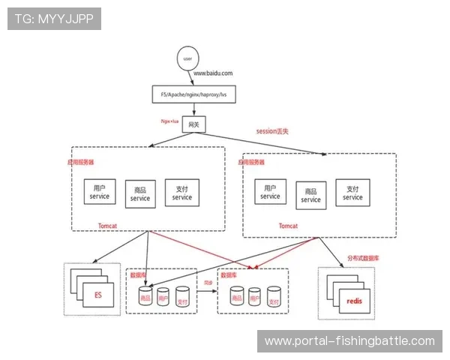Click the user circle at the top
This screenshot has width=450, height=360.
(x=187, y=58)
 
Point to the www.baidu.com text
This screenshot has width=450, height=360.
(x=213, y=73)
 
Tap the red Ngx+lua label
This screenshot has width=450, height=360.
(x=170, y=119)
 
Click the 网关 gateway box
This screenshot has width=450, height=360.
(x=193, y=125)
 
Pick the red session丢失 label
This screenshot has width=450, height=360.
(x=272, y=130)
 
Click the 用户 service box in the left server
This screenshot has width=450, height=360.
(x=100, y=193)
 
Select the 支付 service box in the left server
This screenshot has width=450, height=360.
(x=181, y=193)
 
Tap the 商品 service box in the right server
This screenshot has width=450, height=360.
(x=310, y=195)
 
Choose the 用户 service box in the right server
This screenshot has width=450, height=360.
(x=270, y=192)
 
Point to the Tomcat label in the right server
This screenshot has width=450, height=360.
(x=288, y=225)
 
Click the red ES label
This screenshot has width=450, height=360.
(x=97, y=295)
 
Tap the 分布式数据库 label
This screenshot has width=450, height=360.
(x=363, y=258)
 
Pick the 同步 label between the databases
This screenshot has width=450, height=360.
(x=208, y=283)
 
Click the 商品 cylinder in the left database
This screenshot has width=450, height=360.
(x=145, y=296)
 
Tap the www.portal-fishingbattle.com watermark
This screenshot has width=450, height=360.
(x=349, y=341)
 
